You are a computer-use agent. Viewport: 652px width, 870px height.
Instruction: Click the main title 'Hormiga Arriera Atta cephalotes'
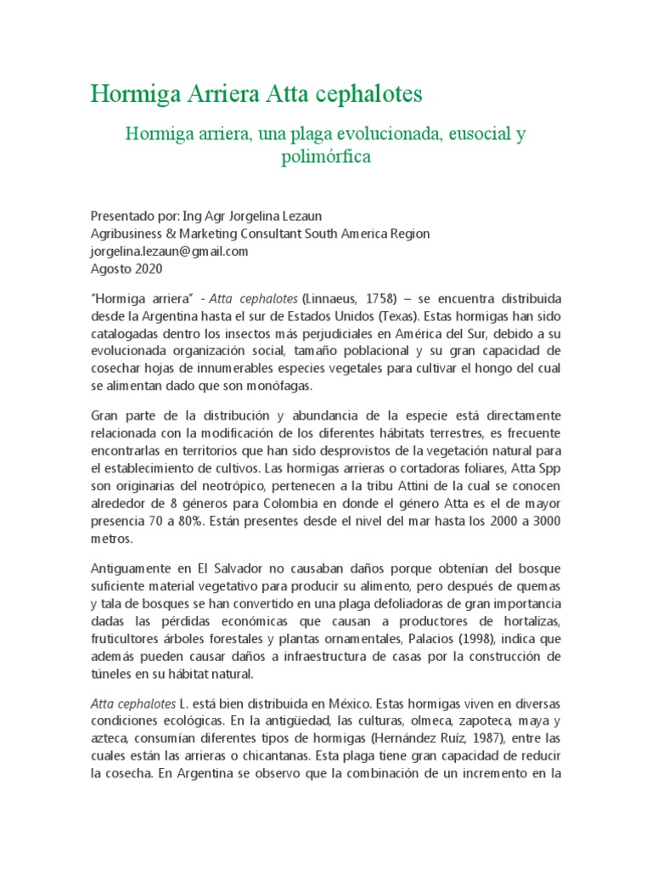click(x=256, y=93)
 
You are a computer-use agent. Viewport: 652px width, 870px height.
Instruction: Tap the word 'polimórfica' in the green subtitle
click(x=326, y=157)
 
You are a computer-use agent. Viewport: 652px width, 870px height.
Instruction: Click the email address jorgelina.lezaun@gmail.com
click(x=169, y=251)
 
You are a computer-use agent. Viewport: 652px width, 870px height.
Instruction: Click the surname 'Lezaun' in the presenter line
click(x=304, y=217)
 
